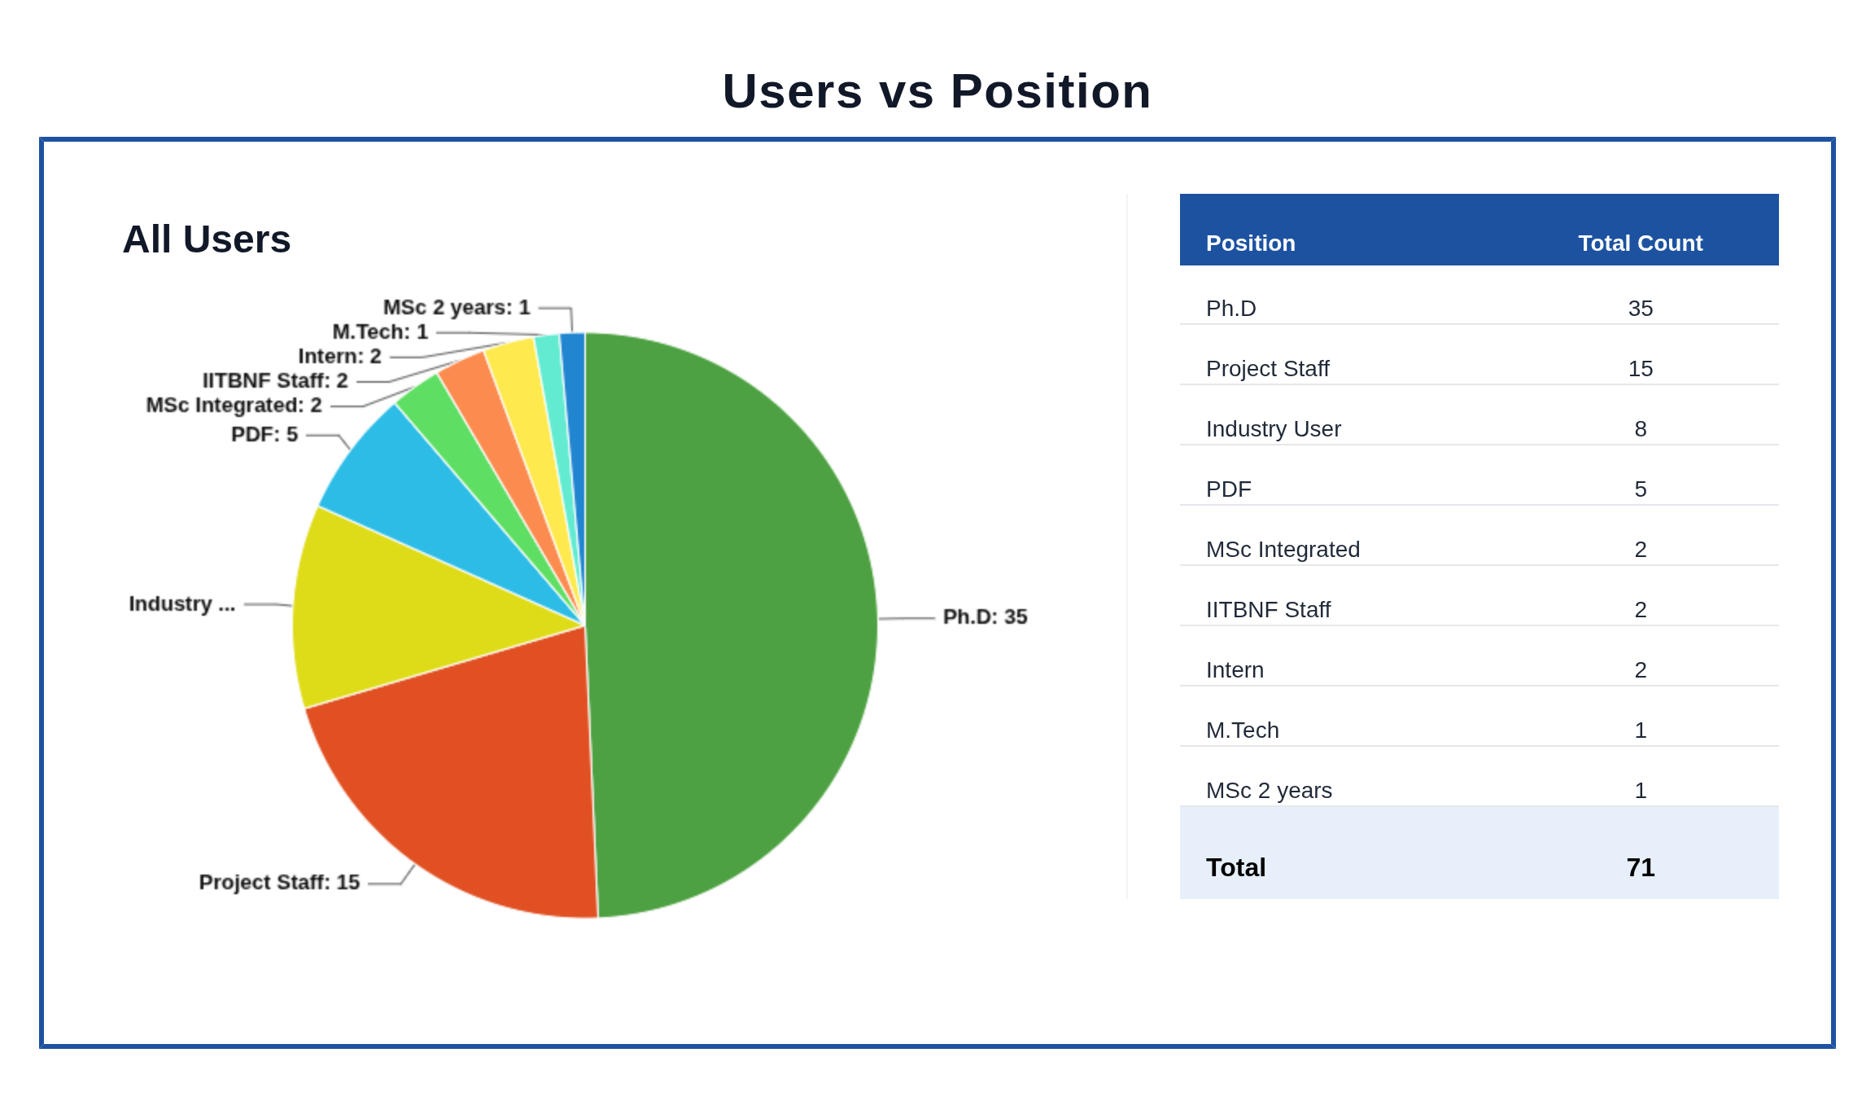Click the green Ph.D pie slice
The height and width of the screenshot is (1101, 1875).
click(732, 627)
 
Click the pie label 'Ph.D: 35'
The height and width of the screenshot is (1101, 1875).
click(985, 617)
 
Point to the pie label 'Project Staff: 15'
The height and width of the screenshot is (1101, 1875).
click(279, 883)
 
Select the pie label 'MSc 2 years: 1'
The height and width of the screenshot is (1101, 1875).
click(457, 308)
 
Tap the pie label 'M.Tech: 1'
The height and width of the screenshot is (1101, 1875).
click(380, 332)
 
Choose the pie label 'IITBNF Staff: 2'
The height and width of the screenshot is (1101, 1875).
click(275, 381)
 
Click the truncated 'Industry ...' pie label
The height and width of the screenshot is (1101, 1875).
click(181, 604)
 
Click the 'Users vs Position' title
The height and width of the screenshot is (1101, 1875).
click(937, 91)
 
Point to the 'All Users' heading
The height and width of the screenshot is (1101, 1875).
click(207, 239)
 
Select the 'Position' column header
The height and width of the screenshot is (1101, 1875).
click(1250, 243)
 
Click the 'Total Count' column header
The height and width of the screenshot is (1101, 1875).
click(1640, 243)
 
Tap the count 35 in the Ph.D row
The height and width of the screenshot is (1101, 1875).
click(1640, 309)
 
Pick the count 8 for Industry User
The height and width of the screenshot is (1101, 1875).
click(1640, 429)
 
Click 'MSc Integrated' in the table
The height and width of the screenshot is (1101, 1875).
click(1283, 550)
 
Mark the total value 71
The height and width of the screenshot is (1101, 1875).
click(1640, 868)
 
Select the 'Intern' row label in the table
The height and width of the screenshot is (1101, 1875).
click(1235, 670)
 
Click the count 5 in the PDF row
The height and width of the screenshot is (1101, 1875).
click(1640, 489)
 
